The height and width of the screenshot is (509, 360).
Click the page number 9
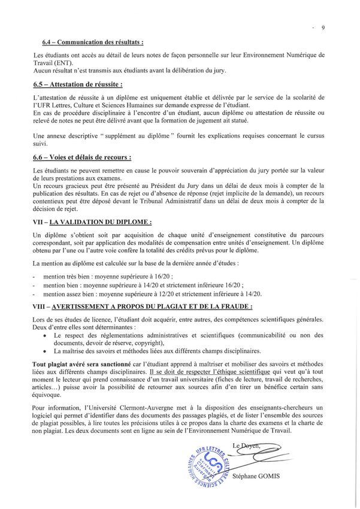click(x=323, y=28)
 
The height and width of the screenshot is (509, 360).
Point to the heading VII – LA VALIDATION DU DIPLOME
click(x=92, y=222)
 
